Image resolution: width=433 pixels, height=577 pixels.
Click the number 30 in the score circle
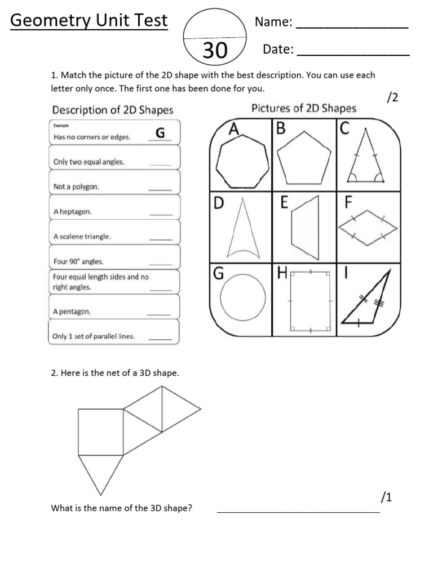(x=215, y=51)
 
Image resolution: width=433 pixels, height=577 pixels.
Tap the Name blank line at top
(x=352, y=26)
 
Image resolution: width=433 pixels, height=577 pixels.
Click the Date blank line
(x=353, y=55)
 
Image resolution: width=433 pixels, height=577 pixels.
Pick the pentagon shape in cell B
(x=303, y=160)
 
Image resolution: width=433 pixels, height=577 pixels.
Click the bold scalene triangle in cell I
(x=369, y=301)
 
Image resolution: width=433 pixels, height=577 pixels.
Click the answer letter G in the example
(x=160, y=133)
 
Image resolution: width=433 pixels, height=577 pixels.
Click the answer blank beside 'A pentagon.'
(x=159, y=314)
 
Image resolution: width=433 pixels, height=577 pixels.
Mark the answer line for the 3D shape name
(x=298, y=512)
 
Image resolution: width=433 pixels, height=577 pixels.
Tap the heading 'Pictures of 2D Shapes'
(x=303, y=109)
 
